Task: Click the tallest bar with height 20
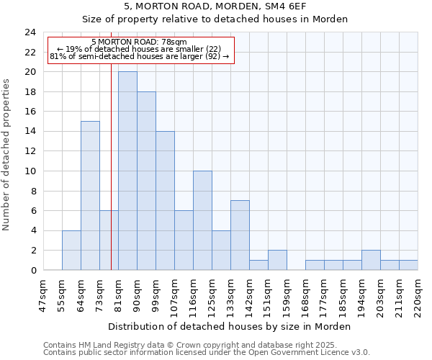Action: pos(127,171)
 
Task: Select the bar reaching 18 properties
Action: pos(146,181)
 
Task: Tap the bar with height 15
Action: pos(90,195)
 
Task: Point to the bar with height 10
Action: pos(202,220)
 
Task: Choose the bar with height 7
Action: pos(240,235)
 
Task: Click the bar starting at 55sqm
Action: pos(71,250)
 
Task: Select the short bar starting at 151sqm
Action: pos(277,260)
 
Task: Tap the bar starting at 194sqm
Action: pos(371,260)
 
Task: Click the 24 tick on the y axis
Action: pos(30,32)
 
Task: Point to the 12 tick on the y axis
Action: pos(30,151)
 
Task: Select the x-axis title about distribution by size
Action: pos(230,326)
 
